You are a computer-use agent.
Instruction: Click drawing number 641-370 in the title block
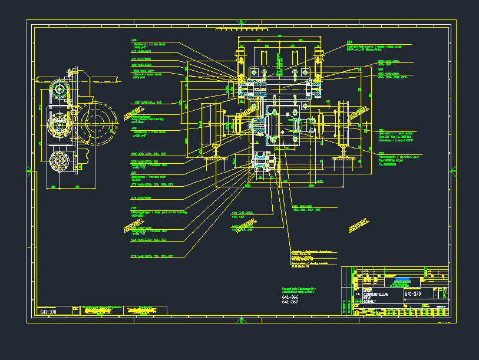click(413, 294)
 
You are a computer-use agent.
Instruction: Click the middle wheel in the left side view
click(59, 124)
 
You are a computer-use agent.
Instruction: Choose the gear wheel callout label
click(144, 75)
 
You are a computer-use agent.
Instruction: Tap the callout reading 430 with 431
click(148, 102)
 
